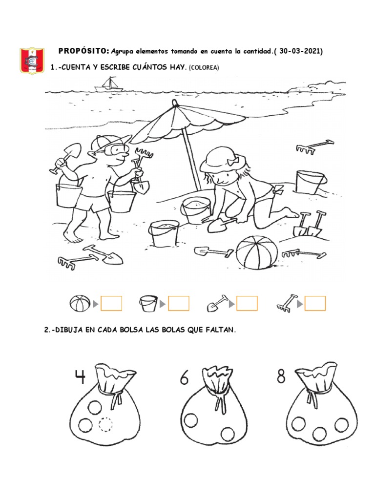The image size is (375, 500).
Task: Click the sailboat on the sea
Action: point(109,84)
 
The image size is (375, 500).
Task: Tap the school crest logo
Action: point(32,60)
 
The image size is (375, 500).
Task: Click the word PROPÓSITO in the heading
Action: point(83,51)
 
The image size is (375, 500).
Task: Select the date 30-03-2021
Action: point(299,51)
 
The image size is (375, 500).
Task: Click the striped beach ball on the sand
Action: point(257,252)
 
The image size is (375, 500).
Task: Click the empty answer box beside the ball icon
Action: point(111,303)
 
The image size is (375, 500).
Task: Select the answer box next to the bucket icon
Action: point(179,303)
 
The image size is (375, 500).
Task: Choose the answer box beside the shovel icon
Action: point(247,303)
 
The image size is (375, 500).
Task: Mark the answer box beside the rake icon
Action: point(315,303)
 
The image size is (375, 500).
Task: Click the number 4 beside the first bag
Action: point(81,376)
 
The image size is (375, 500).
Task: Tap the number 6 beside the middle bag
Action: point(184,377)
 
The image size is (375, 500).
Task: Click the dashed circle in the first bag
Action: point(105,424)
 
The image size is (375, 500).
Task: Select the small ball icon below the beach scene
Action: point(80,303)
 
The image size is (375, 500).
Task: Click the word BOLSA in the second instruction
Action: point(131,330)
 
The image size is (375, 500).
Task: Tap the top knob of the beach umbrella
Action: point(174,103)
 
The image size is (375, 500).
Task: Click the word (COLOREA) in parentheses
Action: point(204,67)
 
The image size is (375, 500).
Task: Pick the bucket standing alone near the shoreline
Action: point(310,182)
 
